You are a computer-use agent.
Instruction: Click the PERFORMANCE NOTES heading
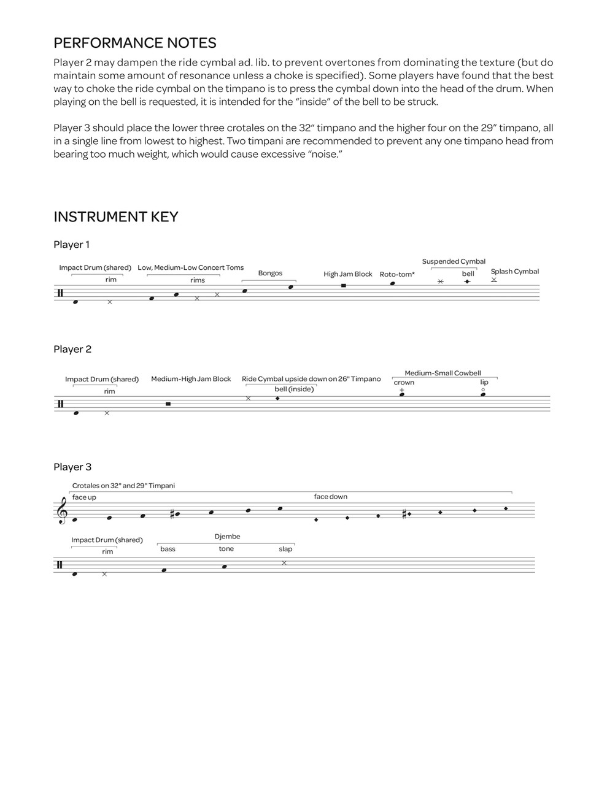(135, 43)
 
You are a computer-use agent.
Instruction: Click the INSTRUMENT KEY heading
(116, 217)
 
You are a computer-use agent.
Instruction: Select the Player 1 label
(72, 245)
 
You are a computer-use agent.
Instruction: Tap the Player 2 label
(72, 350)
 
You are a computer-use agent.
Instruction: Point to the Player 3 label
(72, 467)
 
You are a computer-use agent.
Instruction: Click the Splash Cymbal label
(514, 272)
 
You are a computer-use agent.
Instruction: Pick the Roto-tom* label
(396, 274)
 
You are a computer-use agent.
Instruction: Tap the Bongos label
(270, 274)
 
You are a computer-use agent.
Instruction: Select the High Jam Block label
(348, 274)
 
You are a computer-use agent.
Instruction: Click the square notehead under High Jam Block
(343, 286)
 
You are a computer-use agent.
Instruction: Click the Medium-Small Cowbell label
(443, 373)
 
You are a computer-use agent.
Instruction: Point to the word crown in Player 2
(404, 383)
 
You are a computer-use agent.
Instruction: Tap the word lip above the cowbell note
(484, 383)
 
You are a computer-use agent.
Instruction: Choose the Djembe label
(227, 537)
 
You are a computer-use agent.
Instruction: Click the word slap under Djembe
(285, 549)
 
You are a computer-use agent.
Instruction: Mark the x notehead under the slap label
(284, 563)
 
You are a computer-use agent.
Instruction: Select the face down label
(330, 497)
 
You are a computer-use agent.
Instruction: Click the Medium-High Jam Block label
(191, 379)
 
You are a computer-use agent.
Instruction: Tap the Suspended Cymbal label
(454, 262)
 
